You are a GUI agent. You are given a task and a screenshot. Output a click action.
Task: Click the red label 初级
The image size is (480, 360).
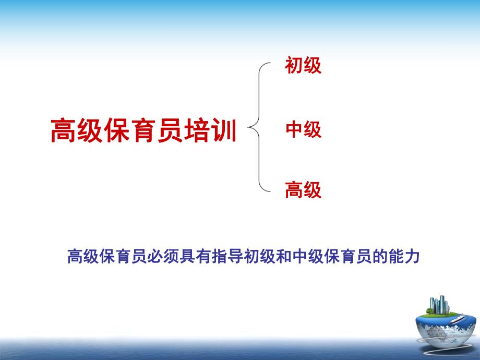(x=303, y=66)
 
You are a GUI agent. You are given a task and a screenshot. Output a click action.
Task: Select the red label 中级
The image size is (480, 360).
(x=303, y=129)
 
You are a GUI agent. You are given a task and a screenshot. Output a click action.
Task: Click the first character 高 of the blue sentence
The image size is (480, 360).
(x=75, y=257)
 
